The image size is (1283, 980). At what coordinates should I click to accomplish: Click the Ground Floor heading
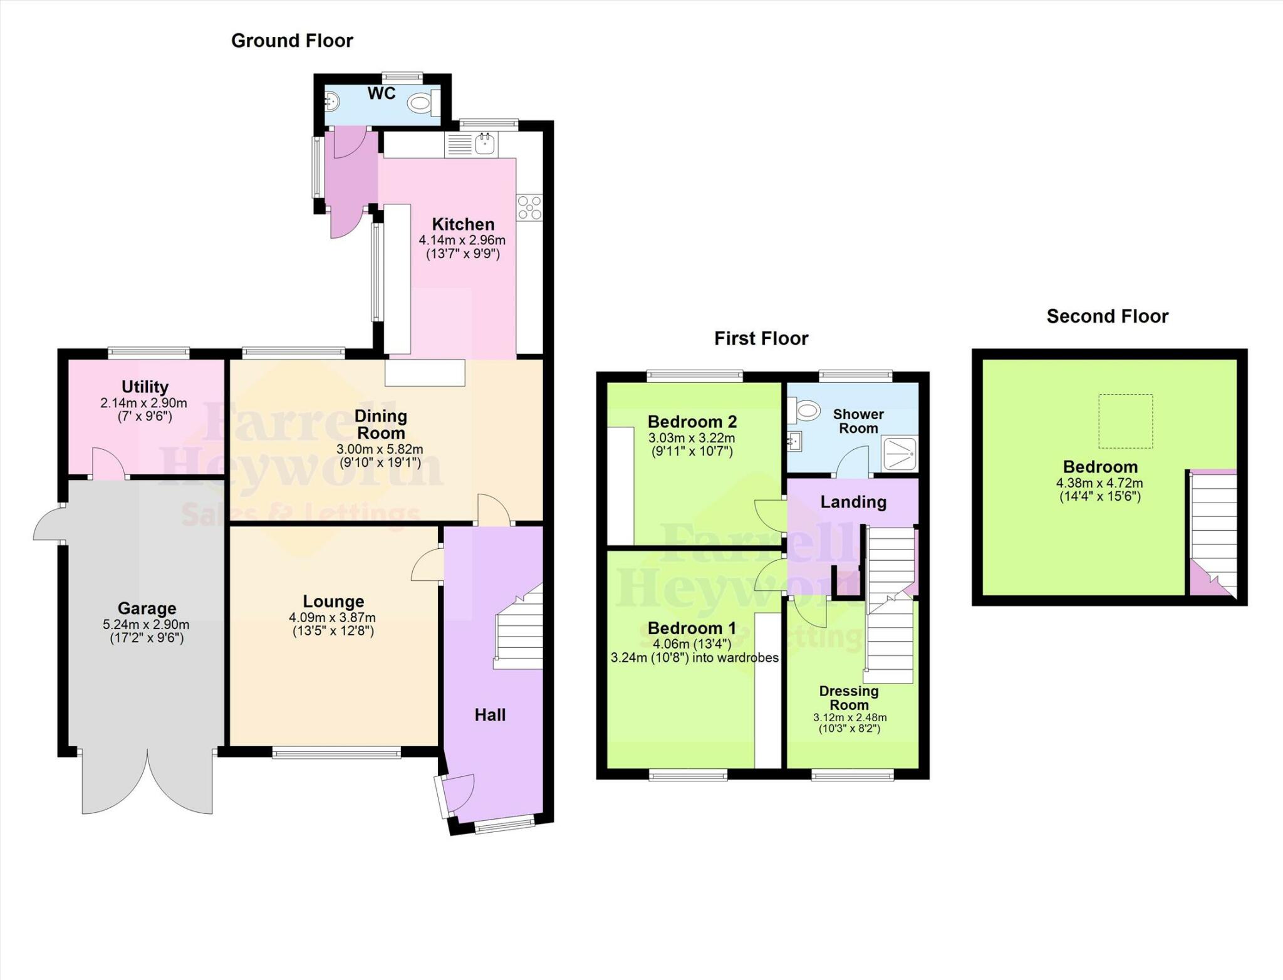292,41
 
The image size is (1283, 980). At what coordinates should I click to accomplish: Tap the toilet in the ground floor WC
420,102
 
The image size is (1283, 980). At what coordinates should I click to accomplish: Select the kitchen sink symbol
485,144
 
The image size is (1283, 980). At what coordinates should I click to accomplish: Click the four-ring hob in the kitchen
529,207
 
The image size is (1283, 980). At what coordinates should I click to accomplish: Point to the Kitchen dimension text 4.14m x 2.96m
462,240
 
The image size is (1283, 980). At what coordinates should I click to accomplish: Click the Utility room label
145,387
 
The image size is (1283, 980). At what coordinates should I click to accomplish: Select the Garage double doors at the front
147,783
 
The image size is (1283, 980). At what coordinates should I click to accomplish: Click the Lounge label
333,602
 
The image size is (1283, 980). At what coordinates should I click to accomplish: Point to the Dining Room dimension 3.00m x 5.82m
380,449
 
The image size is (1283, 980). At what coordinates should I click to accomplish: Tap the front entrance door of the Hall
457,795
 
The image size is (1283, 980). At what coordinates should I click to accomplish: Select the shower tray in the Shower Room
900,454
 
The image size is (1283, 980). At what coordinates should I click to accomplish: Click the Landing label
853,502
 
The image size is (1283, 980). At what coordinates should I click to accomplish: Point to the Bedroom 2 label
692,422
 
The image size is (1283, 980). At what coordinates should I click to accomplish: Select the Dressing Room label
849,697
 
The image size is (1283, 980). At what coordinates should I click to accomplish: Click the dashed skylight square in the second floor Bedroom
1125,421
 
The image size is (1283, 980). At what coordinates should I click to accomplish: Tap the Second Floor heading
1107,316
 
